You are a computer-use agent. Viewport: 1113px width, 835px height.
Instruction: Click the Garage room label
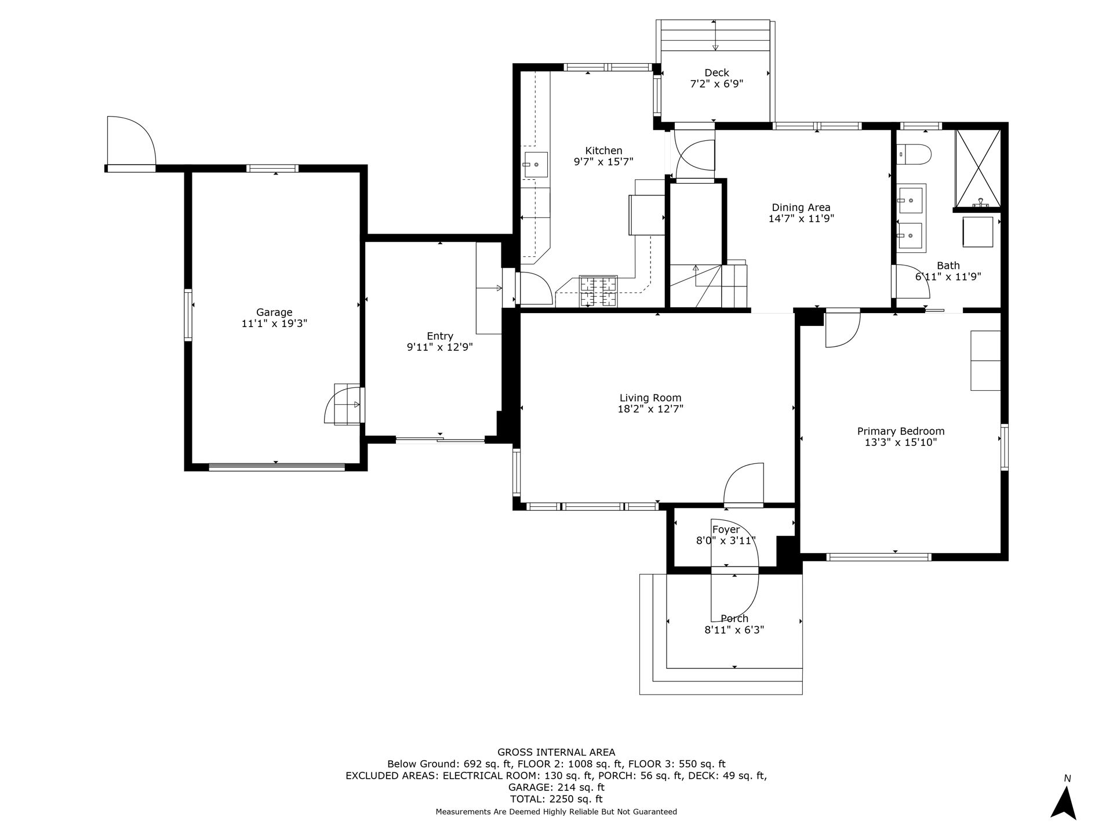tap(274, 313)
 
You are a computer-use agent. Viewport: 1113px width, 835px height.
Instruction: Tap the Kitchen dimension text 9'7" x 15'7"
tap(603, 162)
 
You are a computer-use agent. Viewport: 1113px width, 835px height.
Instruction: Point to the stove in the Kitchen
tap(598, 292)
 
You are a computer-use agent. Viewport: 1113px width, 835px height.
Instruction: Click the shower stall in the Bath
tap(978, 169)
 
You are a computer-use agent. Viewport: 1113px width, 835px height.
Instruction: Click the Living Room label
tap(650, 398)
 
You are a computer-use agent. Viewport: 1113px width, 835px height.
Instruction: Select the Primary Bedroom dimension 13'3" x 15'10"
tap(901, 442)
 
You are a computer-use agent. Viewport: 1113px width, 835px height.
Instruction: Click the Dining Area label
tap(801, 207)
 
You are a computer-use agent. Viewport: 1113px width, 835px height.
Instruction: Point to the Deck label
tap(716, 72)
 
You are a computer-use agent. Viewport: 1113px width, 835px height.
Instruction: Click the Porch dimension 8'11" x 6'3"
tap(734, 630)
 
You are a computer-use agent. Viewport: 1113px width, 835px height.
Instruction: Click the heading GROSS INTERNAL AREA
tap(556, 752)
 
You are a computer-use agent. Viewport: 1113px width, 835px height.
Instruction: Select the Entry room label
tap(440, 336)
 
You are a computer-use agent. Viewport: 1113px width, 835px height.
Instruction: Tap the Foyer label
tap(726, 529)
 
